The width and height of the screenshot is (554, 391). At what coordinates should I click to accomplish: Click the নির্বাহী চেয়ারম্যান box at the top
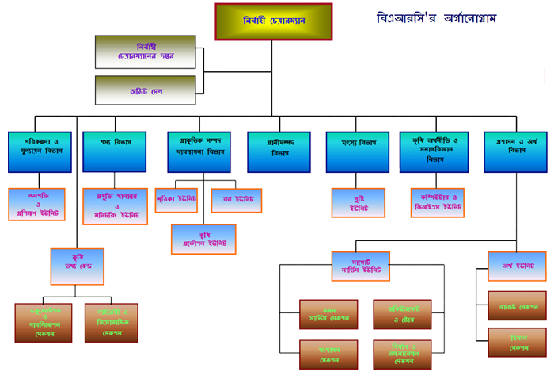pos(273,22)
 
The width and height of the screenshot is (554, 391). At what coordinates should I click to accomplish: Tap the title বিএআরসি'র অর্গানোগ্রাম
pos(437,18)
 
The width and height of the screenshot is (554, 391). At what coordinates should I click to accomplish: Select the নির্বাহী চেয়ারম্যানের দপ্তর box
pos(146,52)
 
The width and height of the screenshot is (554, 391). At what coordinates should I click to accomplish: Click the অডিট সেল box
pos(146,92)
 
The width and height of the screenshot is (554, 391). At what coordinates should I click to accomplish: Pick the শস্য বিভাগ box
pos(115,151)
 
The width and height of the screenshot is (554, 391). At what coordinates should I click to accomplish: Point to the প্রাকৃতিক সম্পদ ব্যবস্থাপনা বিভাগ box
pos(199,151)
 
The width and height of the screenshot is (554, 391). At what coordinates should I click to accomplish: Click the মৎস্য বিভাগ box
pos(358,151)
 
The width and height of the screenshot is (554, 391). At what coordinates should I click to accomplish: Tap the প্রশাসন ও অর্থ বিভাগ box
pos(516,151)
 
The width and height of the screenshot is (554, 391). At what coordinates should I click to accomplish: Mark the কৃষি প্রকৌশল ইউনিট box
pos(203,238)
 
